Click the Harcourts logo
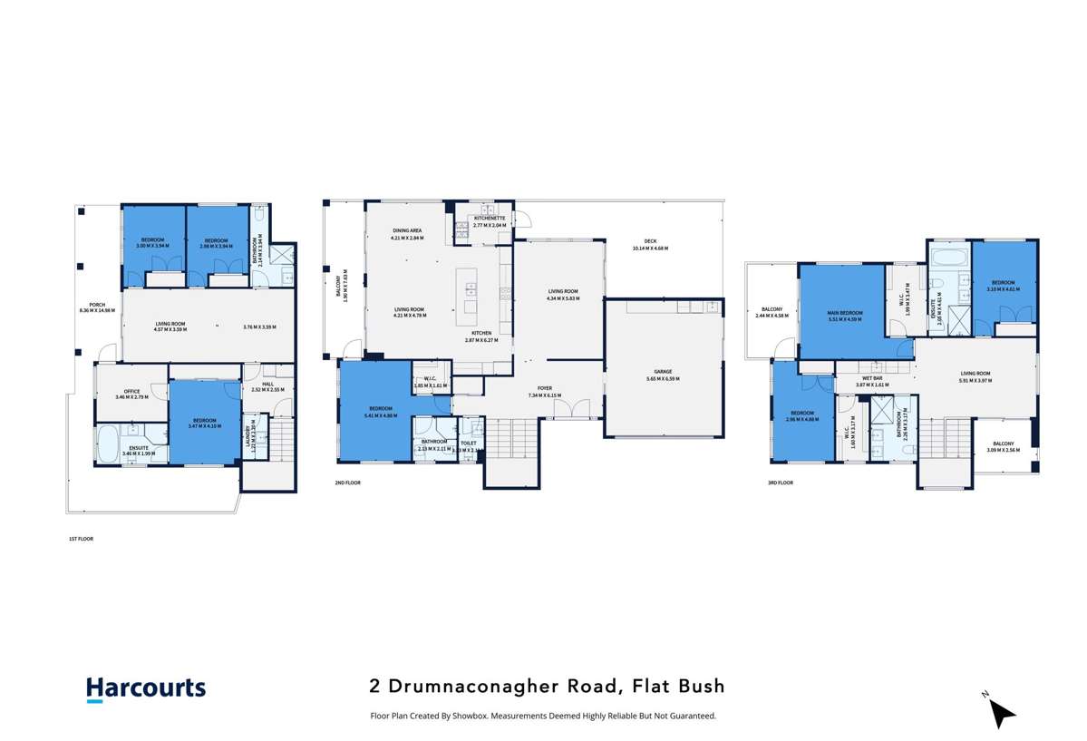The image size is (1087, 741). (x=146, y=689)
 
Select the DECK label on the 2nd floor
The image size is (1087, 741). (x=650, y=241)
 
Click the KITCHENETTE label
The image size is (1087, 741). (x=489, y=218)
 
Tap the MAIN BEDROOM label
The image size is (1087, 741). (x=845, y=314)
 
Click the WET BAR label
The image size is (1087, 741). (x=873, y=379)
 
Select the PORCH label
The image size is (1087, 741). (x=97, y=305)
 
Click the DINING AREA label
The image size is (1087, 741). (x=407, y=231)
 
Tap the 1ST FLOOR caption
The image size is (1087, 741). (x=81, y=539)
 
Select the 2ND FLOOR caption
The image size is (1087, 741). (x=347, y=483)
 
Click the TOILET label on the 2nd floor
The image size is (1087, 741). (x=468, y=443)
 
